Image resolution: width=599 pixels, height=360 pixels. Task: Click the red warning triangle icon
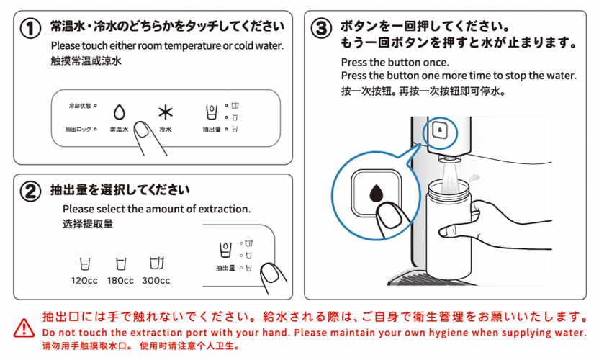pos(24,328)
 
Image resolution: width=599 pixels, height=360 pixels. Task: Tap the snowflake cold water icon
pos(166,112)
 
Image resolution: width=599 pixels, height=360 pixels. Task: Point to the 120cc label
pos(84,281)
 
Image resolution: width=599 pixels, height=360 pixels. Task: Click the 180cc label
pos(120,281)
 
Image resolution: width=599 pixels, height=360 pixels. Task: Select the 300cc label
pos(156,281)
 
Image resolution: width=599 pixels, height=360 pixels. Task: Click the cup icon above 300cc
pos(156,264)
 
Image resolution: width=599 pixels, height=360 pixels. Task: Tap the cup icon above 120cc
pos(84,264)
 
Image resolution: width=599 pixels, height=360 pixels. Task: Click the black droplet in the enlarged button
pos(376,192)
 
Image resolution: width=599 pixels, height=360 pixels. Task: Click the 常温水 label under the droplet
pos(119,130)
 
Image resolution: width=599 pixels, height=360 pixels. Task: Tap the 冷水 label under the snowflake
pos(166,130)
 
